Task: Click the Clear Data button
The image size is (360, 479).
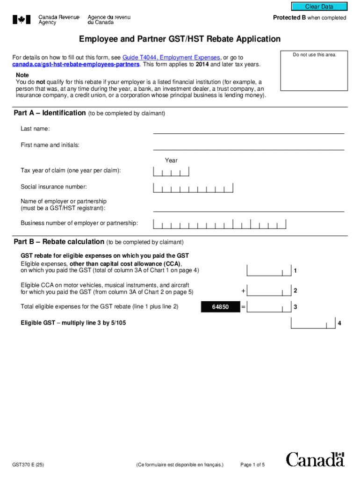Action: [x=319, y=7]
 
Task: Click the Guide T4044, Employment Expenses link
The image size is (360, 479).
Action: [x=171, y=57]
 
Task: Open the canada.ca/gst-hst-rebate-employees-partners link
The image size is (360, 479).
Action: [x=76, y=64]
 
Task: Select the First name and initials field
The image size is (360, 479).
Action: [x=248, y=145]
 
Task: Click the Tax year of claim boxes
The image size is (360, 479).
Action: [x=171, y=172]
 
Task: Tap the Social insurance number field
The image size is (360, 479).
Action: [x=193, y=188]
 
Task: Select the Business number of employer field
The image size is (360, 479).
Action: [x=220, y=224]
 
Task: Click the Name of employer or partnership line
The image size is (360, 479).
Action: [x=248, y=207]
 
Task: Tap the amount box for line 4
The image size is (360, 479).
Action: [x=313, y=323]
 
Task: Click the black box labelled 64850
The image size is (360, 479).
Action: [x=220, y=307]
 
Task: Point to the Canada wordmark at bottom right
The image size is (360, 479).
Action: [x=315, y=460]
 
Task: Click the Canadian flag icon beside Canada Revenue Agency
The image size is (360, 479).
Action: [x=22, y=20]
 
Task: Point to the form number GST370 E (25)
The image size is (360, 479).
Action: [x=29, y=465]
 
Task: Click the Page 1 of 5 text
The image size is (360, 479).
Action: [x=252, y=465]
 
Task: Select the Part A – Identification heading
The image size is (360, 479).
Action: [x=50, y=113]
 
